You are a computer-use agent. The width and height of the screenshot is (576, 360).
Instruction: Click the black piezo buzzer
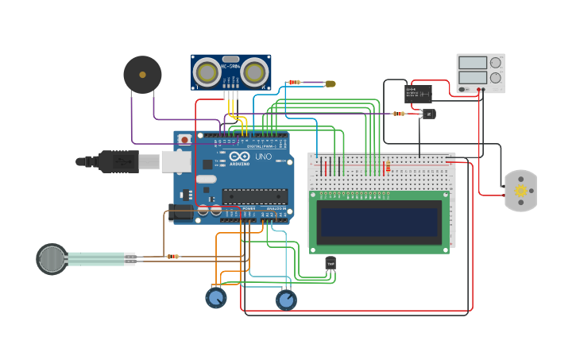point(142,75)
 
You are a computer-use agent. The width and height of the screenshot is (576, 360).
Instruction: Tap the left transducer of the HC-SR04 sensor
point(207,73)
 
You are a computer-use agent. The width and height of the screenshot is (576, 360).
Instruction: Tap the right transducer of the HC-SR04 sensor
point(254,73)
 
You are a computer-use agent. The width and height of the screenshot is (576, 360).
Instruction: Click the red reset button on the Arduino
point(184,140)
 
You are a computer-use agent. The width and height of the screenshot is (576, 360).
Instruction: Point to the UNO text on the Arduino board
point(264,157)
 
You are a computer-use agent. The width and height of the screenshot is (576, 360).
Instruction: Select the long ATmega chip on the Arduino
point(254,196)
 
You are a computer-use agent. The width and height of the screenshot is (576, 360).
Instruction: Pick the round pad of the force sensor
point(52,259)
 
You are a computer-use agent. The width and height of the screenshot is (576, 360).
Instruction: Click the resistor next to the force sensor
point(172,256)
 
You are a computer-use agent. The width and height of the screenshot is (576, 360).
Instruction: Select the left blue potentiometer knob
point(215,298)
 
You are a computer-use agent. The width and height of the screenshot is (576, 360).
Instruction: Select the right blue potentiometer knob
point(286,300)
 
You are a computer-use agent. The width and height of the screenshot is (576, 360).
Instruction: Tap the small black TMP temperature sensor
point(331,263)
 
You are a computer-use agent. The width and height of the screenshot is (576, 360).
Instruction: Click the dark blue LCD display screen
point(379,222)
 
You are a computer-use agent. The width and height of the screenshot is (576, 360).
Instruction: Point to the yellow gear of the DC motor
point(521,191)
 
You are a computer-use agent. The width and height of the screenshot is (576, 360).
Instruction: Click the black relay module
point(418,94)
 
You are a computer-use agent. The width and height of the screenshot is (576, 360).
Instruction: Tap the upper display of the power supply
point(472,63)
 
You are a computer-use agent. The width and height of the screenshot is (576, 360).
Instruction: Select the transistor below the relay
point(428,114)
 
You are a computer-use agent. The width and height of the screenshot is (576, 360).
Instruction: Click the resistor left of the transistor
point(399,114)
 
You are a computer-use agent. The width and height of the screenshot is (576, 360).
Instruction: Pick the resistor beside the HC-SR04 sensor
point(295,82)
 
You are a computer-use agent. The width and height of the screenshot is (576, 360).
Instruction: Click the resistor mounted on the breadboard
point(388,167)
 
